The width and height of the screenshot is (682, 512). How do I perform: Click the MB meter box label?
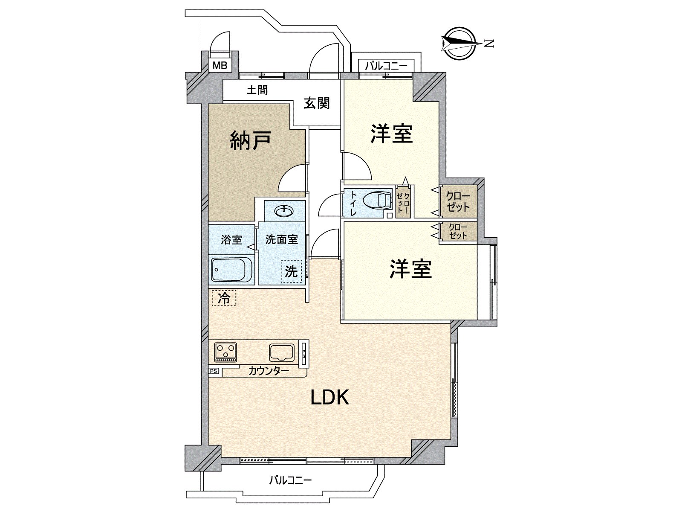pos(220,66)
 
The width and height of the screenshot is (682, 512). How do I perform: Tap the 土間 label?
pos(257,90)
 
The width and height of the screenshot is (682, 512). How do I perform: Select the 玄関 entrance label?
pos(317,103)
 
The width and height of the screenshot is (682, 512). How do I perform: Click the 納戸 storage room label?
pos(251,140)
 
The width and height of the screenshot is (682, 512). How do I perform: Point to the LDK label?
pos(330,397)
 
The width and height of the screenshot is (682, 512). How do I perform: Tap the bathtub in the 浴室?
pos(231,269)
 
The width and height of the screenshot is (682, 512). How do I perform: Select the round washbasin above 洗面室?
pos(284,211)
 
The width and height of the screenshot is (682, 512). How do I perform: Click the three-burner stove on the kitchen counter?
pos(225,352)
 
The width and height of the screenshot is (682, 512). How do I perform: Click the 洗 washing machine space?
pos(291,271)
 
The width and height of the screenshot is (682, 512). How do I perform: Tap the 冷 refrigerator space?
pos(224,298)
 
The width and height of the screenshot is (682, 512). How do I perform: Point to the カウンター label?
pos(269,370)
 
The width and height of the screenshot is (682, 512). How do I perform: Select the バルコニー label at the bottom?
pos(290,480)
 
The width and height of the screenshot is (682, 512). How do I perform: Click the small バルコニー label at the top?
pos(386,66)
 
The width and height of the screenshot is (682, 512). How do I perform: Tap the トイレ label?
pos(354,204)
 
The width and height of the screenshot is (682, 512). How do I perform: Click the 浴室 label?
pos(231,240)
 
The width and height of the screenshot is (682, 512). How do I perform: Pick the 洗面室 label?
pos(281,239)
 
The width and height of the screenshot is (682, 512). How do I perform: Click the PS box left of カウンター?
pos(214,371)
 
